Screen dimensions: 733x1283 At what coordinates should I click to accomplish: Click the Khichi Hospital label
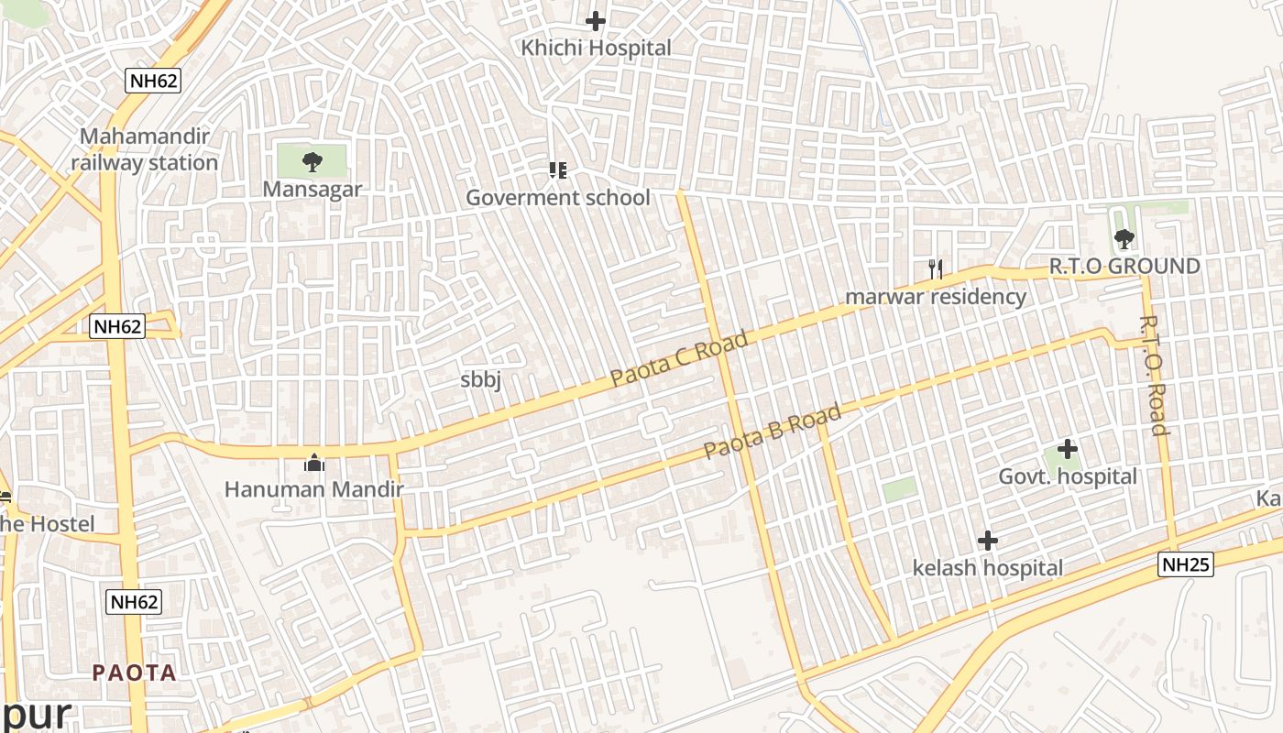pos(596,48)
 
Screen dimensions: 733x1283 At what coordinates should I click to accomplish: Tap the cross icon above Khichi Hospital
pos(596,20)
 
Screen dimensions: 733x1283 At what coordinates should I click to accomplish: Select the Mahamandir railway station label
pos(145,149)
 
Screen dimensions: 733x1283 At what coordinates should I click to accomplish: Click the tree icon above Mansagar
pos(313,162)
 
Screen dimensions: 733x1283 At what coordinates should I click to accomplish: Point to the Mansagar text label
pos(313,190)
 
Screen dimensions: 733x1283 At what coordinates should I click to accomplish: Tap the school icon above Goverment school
pos(557,170)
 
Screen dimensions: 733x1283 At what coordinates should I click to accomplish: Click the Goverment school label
pos(557,198)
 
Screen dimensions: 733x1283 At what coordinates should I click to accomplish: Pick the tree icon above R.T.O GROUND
pos(1124,239)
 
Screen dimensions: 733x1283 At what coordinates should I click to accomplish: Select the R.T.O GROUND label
pos(1124,267)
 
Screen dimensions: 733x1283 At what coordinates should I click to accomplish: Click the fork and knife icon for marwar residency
pos(935,268)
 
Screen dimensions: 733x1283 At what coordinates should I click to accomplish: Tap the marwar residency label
pos(935,297)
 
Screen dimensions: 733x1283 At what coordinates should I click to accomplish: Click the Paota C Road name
pos(679,358)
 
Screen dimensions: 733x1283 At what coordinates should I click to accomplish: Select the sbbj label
pos(480,380)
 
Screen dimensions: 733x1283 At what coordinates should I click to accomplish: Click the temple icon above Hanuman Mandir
pos(314,463)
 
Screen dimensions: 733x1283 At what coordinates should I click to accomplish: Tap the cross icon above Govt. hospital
pos(1067,449)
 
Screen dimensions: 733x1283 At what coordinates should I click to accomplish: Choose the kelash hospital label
pos(987,568)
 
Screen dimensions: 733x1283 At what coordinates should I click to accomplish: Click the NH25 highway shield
pos(1186,564)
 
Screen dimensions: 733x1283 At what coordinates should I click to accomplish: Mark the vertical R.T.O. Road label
pos(1154,376)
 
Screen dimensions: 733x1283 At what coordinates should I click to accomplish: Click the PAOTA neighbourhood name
pos(134,673)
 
